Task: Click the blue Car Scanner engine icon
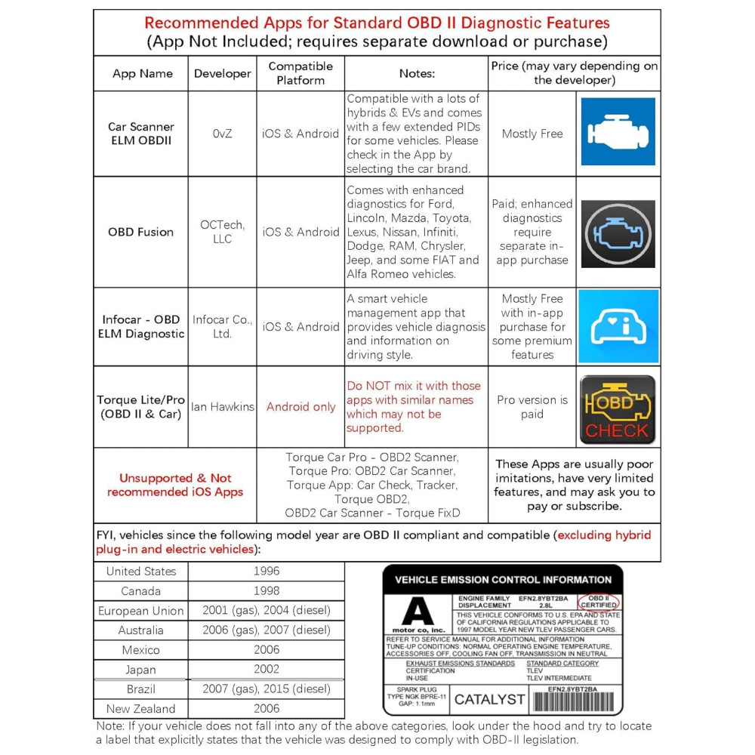click(x=618, y=131)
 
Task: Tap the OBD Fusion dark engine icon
click(x=618, y=233)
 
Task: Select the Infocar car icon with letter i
click(x=618, y=326)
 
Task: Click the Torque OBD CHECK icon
click(x=617, y=410)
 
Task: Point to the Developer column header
click(x=222, y=73)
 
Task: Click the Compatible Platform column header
click(x=300, y=73)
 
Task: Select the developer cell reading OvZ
click(x=222, y=134)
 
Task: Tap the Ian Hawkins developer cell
click(x=222, y=407)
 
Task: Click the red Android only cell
click(x=300, y=407)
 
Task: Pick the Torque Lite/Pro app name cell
click(x=140, y=407)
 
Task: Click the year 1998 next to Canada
click(x=267, y=591)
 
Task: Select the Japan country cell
click(x=140, y=670)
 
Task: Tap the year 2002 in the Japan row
click(x=267, y=669)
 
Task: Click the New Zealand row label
click(x=140, y=709)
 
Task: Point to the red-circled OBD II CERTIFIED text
click(x=599, y=602)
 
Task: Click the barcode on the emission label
click(x=575, y=701)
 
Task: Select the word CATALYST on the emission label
click(x=489, y=700)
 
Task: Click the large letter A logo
click(x=418, y=610)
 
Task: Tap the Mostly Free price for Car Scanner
click(x=532, y=134)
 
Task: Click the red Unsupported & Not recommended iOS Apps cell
click(x=174, y=485)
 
